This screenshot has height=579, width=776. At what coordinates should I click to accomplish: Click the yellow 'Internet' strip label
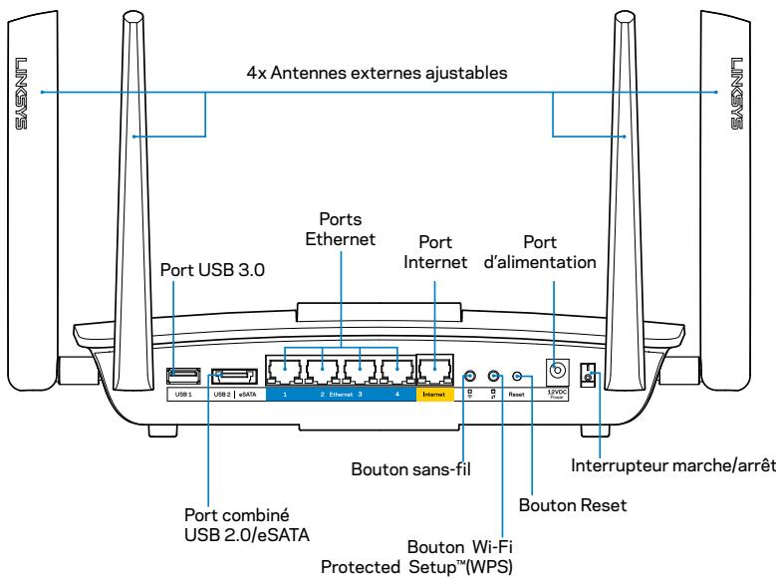435,395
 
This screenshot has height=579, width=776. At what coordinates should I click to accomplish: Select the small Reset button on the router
516,376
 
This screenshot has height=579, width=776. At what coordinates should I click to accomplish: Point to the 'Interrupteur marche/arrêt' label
671,463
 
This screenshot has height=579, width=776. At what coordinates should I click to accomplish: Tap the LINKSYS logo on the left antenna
21,90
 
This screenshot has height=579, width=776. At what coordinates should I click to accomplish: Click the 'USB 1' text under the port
179,395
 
